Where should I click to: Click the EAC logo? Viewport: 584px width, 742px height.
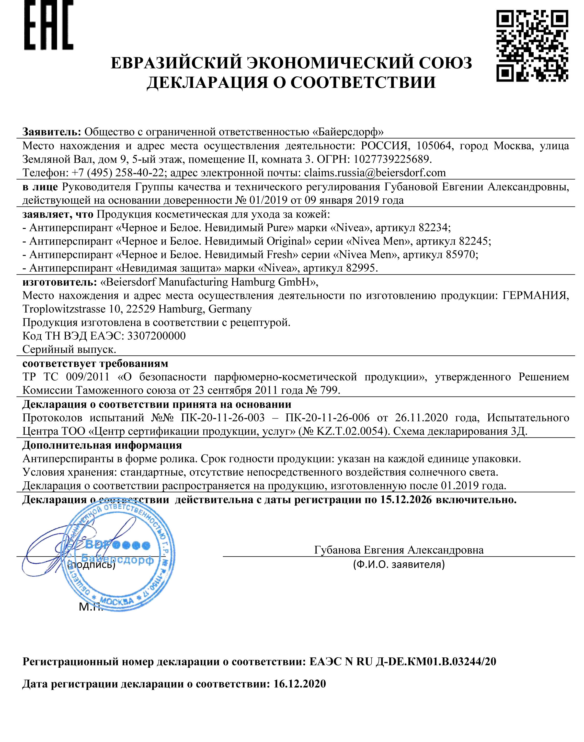(49, 25)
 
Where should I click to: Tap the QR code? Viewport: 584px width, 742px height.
(532, 46)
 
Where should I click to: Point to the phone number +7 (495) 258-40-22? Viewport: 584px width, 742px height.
(118, 173)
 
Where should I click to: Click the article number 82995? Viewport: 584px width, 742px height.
(361, 268)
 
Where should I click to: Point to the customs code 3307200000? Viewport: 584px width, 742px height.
(156, 336)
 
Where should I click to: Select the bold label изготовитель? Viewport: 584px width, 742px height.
(60, 282)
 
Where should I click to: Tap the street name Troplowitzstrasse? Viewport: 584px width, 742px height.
(64, 309)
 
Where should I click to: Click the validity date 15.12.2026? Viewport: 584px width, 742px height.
(406, 500)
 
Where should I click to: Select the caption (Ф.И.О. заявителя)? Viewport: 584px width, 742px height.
(399, 564)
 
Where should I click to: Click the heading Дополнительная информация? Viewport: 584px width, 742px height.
(102, 445)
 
